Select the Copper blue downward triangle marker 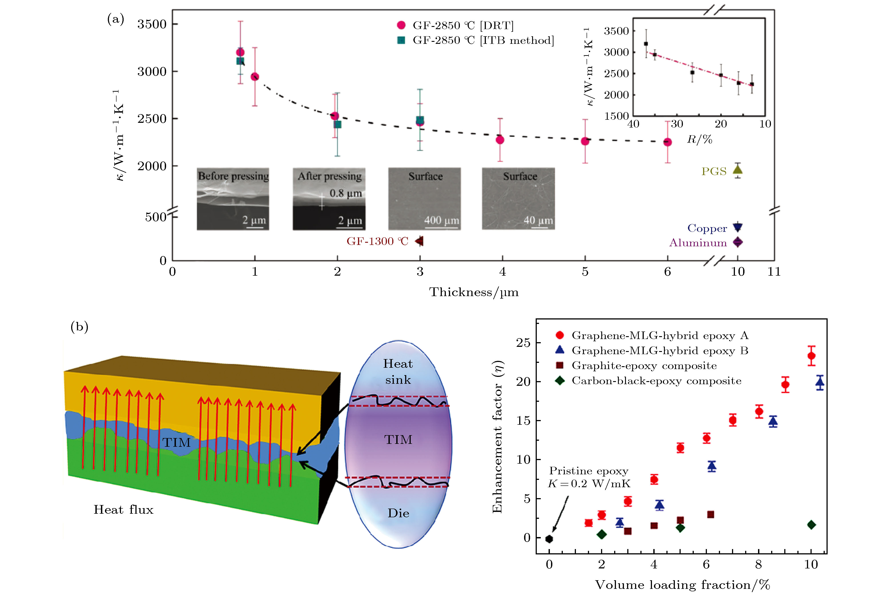point(737,227)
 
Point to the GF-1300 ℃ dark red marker point(419,241)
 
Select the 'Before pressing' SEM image point(233,199)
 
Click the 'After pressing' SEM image point(329,199)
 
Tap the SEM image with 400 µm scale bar point(424,199)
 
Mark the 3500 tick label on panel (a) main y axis point(152,24)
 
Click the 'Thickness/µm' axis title point(474,292)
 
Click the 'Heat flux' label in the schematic point(123,509)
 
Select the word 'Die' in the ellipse point(398,513)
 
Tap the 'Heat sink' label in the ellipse point(398,372)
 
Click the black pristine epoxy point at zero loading point(549,539)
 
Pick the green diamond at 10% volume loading point(811,525)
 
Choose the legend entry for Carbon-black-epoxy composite point(656,381)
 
